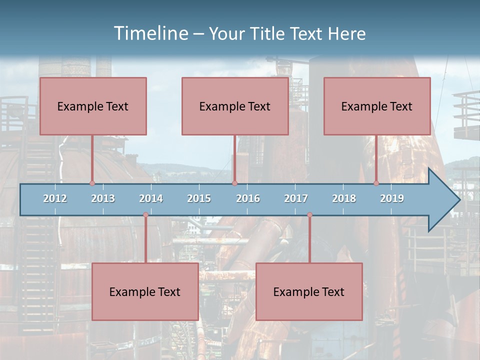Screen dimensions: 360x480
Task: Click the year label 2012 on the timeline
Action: pyautogui.click(x=55, y=198)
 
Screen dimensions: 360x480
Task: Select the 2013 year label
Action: pyautogui.click(x=103, y=198)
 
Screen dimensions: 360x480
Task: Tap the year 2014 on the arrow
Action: pyautogui.click(x=151, y=198)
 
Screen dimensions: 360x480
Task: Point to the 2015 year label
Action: pyautogui.click(x=199, y=198)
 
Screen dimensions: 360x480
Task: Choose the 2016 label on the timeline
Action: pyautogui.click(x=248, y=198)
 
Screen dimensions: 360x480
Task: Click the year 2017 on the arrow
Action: pyautogui.click(x=296, y=198)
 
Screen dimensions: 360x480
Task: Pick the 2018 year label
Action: pyautogui.click(x=344, y=198)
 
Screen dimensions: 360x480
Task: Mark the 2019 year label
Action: pyautogui.click(x=392, y=198)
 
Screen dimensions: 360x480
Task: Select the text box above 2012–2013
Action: pyautogui.click(x=93, y=106)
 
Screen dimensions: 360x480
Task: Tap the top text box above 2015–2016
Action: pyautogui.click(x=235, y=106)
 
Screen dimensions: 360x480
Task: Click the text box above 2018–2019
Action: pyautogui.click(x=377, y=106)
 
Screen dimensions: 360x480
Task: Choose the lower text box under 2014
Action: pyautogui.click(x=145, y=291)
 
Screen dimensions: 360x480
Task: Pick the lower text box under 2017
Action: pyautogui.click(x=309, y=291)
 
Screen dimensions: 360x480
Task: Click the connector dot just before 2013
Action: pyautogui.click(x=92, y=183)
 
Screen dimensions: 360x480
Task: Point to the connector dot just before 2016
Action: pyautogui.click(x=234, y=183)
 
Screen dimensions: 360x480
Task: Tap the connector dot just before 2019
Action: pyautogui.click(x=376, y=183)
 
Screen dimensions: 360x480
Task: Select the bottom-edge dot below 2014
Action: pyautogui.click(x=145, y=215)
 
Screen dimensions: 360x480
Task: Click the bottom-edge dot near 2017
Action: pyautogui.click(x=309, y=215)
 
